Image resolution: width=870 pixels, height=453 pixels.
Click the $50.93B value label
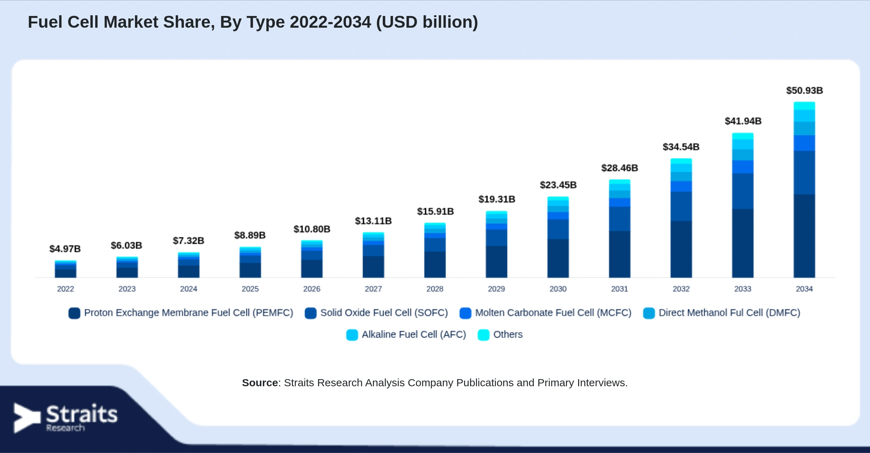coord(804,91)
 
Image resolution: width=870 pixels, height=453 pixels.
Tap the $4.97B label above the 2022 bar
coord(65,249)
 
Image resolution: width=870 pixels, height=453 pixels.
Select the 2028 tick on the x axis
coord(435,289)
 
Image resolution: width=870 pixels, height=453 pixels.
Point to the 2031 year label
coord(619,289)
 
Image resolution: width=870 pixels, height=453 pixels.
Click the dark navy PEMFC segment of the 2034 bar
coord(804,236)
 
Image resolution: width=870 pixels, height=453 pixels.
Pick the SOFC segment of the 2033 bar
coord(743,191)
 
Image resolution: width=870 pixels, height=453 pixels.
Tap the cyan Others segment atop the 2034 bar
coord(804,106)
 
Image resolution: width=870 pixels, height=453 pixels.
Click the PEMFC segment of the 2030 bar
coord(558,258)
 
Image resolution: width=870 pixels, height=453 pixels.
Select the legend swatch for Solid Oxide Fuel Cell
coord(311,313)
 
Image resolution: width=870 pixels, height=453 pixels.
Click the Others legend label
coord(508,334)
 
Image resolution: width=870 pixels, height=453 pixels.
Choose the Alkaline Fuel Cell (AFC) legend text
coord(414,334)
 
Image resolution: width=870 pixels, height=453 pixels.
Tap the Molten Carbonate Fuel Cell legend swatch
coord(465,313)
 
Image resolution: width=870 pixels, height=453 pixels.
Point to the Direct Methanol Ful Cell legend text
coord(729,313)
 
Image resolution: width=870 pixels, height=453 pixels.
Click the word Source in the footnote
coord(260,383)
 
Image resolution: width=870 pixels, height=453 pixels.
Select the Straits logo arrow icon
coord(27,418)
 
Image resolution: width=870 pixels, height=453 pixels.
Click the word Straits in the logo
coord(82,414)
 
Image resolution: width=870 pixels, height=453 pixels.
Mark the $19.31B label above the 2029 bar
coord(496,199)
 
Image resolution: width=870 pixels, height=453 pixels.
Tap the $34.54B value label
coord(681,147)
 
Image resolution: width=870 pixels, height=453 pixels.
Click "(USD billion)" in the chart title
coord(427,22)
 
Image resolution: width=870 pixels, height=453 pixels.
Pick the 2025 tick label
coord(250,289)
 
